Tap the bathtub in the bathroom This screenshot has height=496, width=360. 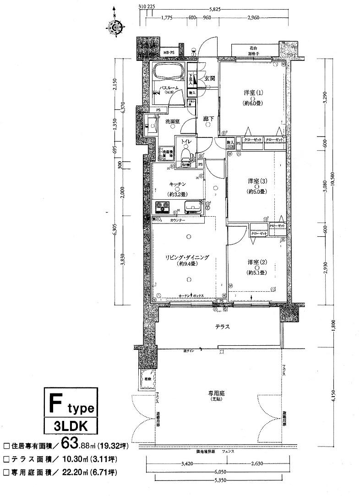168,71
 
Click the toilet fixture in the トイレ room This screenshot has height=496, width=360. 186,153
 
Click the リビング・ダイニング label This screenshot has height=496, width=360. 187,258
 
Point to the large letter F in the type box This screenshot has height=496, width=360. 56,403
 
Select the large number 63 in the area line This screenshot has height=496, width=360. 77,444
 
